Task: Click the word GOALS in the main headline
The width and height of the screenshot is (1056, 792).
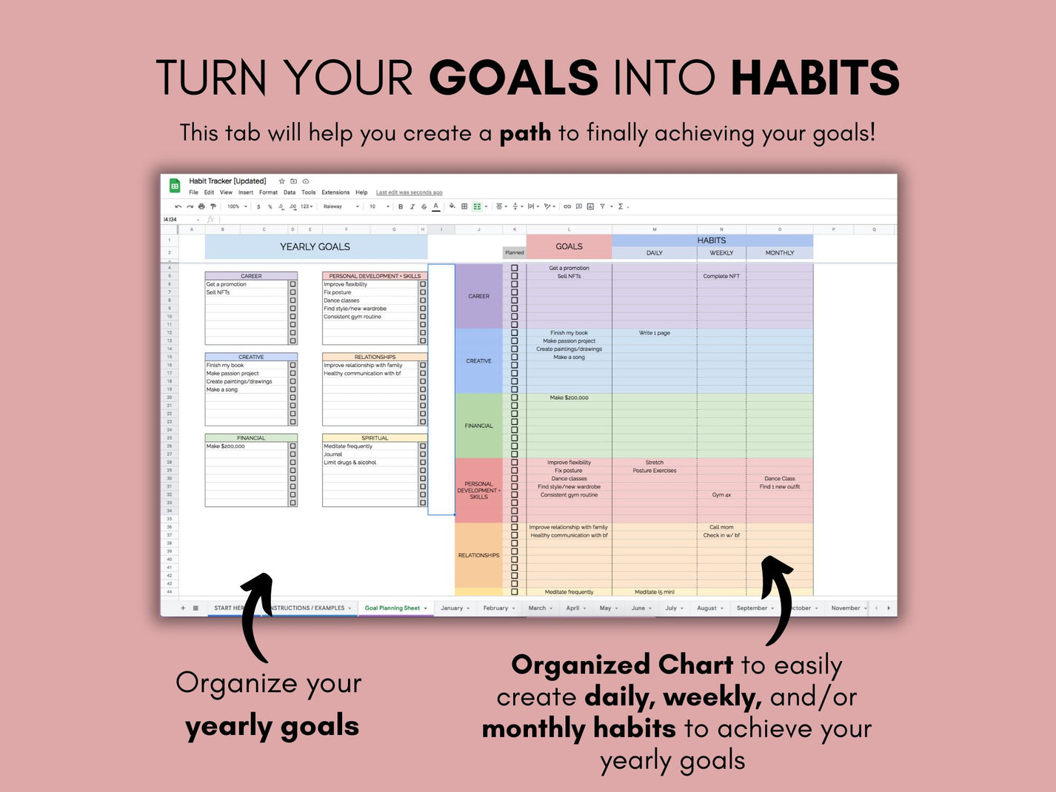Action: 513,78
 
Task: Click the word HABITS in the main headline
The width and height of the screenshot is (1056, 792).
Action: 815,78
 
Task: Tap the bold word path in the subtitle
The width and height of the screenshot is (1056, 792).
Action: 525,133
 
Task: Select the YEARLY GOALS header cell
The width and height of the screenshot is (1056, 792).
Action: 315,246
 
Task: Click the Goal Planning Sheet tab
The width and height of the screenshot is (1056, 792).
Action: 392,608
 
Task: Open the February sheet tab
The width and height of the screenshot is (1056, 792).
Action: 495,608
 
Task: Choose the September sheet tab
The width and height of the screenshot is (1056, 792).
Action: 752,608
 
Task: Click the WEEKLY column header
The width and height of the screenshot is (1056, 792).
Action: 721,253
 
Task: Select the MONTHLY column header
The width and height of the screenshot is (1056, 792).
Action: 779,253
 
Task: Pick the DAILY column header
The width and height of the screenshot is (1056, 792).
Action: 655,253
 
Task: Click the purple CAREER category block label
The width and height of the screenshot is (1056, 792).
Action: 478,296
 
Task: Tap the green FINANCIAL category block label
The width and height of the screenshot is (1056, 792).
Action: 478,426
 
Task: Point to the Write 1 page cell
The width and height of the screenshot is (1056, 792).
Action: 655,333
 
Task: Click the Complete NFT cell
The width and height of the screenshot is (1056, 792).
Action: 721,276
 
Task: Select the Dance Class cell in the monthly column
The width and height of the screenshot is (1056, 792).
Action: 779,479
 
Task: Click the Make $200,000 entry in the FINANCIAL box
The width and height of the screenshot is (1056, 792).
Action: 226,446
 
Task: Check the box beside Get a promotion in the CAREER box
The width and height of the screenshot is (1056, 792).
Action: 293,284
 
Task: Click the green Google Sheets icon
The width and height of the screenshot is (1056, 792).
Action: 175,186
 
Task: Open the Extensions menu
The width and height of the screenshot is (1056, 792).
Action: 335,192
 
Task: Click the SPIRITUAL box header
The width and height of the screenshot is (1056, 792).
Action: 375,438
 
